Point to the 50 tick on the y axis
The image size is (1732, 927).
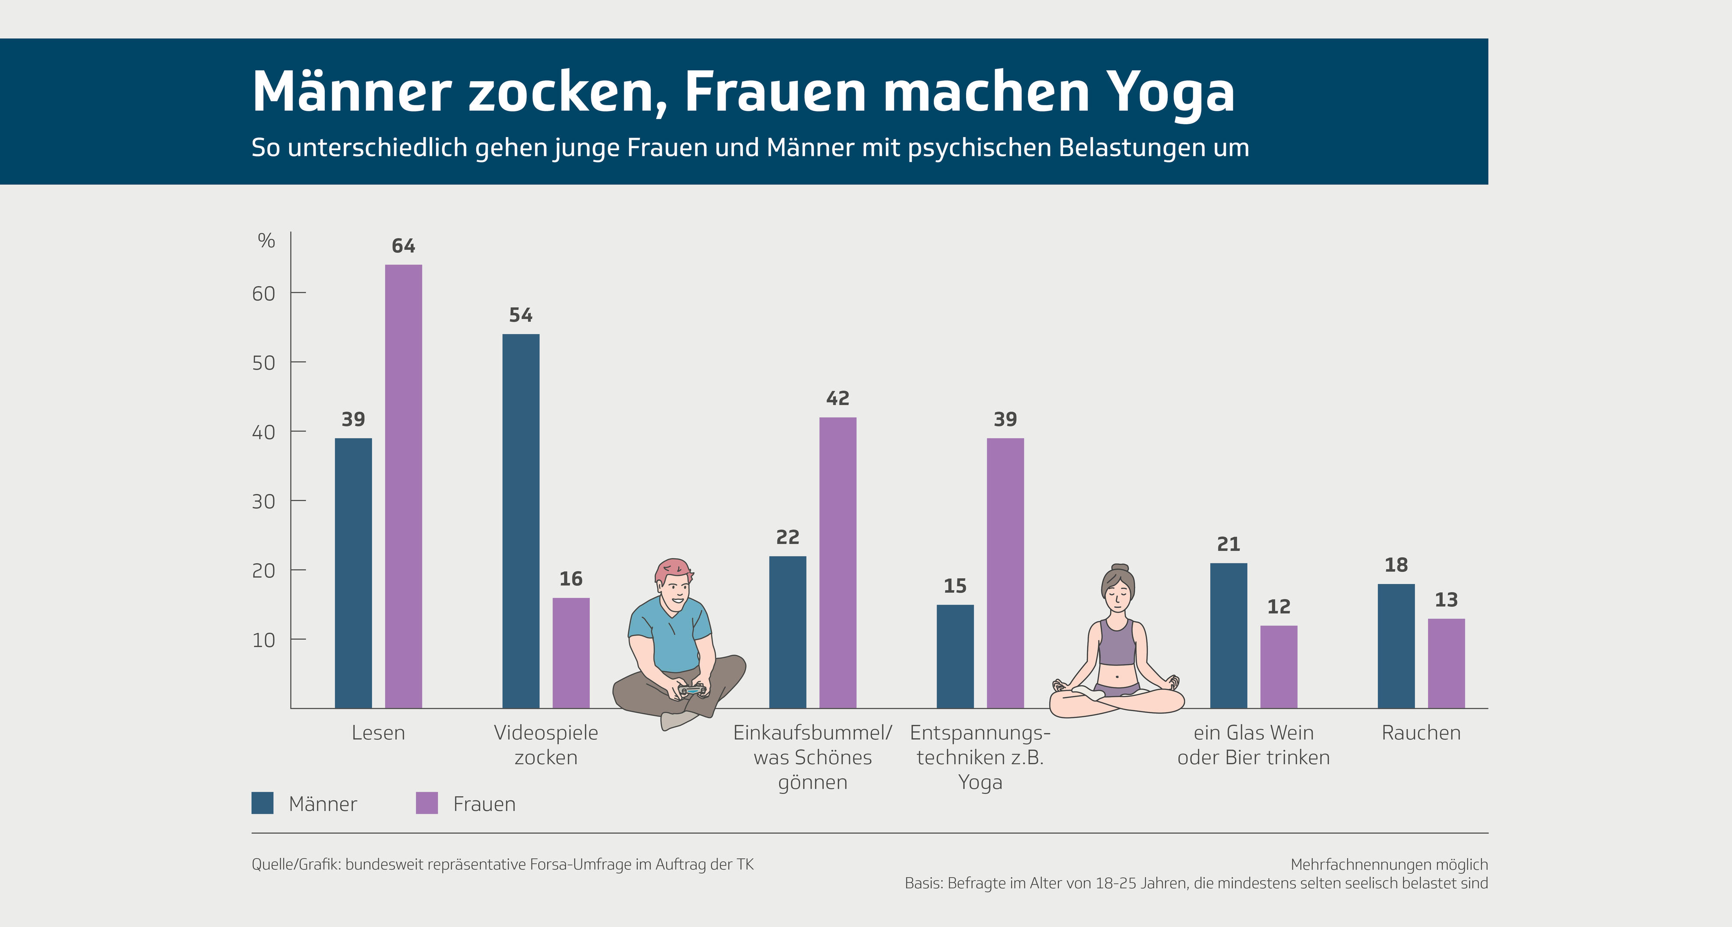[x=264, y=363]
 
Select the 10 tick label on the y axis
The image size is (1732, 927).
[x=264, y=640]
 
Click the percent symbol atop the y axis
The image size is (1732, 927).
[x=266, y=241]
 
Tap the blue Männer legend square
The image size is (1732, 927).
[x=262, y=803]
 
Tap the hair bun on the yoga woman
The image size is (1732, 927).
[x=1119, y=568]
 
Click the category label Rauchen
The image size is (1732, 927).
[x=1421, y=733]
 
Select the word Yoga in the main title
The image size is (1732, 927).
[x=1170, y=92]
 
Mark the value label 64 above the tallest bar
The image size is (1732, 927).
[x=404, y=246]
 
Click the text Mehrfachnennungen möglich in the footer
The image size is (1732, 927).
[x=1389, y=865]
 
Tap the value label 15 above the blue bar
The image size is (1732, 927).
[x=955, y=586]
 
